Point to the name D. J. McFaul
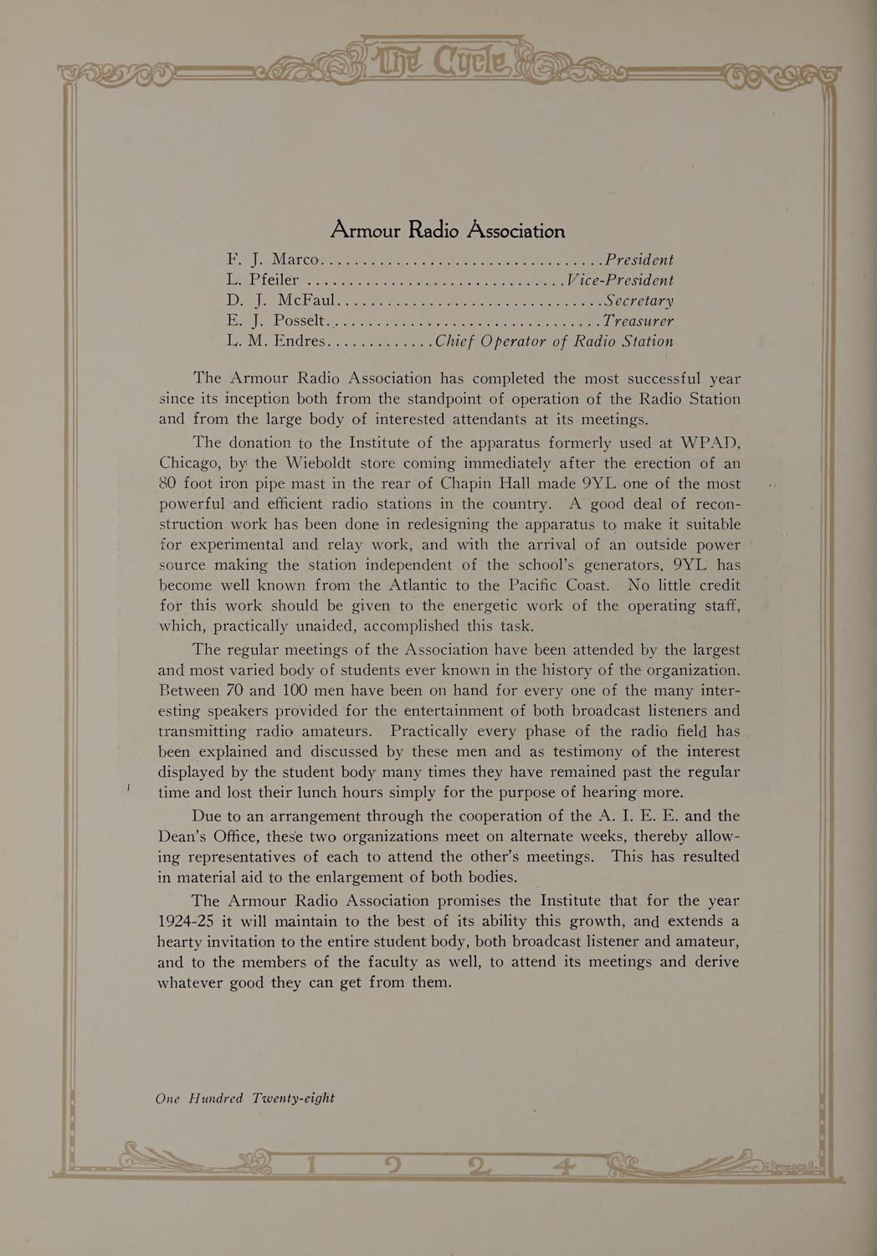coord(280,300)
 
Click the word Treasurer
coord(638,321)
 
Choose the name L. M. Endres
coord(277,341)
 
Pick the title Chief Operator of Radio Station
coord(553,341)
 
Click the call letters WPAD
coord(708,442)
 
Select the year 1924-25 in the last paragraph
coord(186,921)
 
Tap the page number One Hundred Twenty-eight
coord(245,1098)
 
